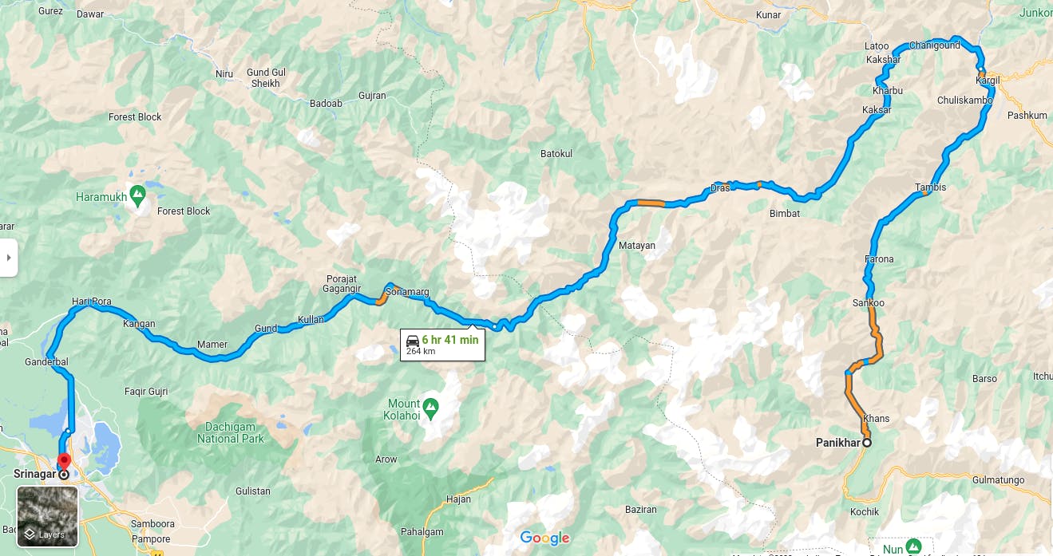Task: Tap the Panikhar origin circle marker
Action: click(867, 443)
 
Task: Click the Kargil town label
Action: click(988, 81)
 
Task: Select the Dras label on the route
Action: click(719, 188)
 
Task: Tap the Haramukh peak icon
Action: click(138, 194)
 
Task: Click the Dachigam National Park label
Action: click(230, 433)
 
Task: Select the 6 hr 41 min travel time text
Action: click(450, 340)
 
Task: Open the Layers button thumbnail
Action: click(48, 516)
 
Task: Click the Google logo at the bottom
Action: click(544, 538)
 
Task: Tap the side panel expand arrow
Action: click(8, 258)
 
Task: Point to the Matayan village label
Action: click(636, 246)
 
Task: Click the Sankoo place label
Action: click(868, 303)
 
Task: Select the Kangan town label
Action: click(139, 324)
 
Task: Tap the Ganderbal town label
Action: click(46, 362)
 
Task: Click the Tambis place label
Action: click(930, 187)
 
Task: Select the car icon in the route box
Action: click(413, 341)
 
